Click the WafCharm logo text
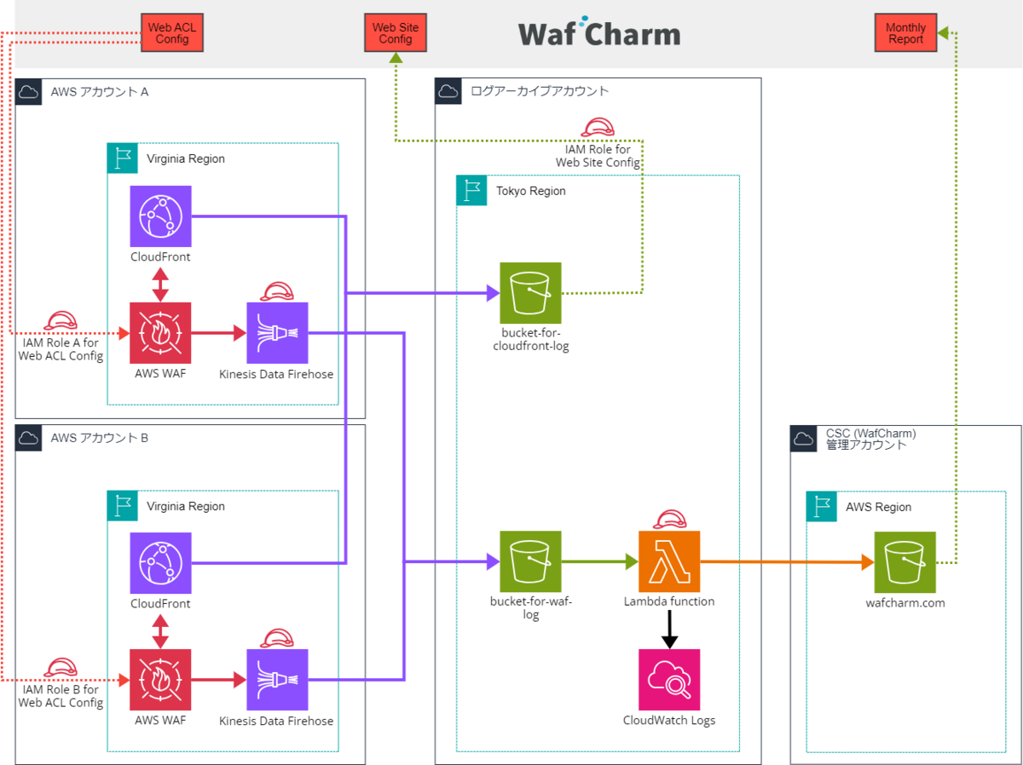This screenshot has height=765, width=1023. [x=599, y=34]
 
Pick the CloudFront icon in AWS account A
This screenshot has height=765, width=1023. [x=160, y=216]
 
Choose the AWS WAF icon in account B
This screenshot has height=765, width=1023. [x=160, y=680]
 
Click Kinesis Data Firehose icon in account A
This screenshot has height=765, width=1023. [x=277, y=333]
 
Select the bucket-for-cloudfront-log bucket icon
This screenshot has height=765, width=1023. [x=530, y=293]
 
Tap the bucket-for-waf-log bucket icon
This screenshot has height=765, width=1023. [x=530, y=561]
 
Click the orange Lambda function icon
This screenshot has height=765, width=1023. [x=669, y=561]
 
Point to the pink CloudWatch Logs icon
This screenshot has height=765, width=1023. [x=669, y=680]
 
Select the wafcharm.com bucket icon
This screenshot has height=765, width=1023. [x=905, y=562]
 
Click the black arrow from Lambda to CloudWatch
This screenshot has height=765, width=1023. [x=669, y=629]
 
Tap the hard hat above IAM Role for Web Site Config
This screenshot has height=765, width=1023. [x=598, y=128]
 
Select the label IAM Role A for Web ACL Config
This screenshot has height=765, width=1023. [x=61, y=349]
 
